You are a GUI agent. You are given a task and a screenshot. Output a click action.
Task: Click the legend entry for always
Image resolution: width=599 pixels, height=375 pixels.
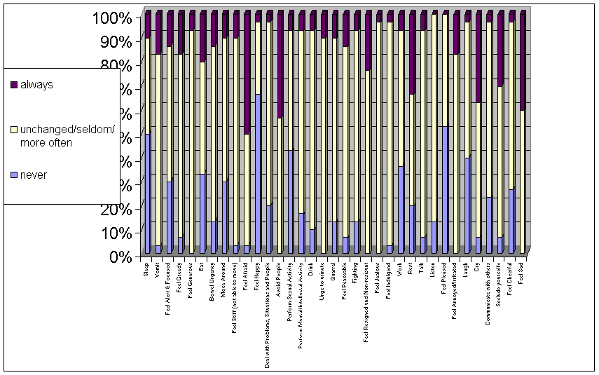pos(36,85)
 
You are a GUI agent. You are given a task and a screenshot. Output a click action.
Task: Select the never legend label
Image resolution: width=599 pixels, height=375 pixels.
pos(34,175)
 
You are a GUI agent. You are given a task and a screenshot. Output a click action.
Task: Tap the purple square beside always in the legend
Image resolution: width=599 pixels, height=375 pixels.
pos(13,85)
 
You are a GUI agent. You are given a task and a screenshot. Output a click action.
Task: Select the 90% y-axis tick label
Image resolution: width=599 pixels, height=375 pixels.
pos(115,41)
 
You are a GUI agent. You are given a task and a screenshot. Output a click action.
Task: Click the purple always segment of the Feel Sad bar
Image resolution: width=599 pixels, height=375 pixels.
pos(522,63)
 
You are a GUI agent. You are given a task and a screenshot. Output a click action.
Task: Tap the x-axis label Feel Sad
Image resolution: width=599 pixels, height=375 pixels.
pos(522,270)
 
